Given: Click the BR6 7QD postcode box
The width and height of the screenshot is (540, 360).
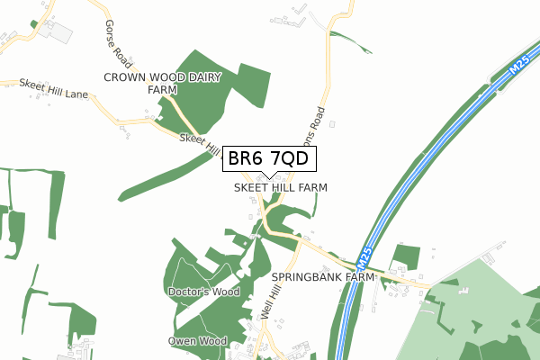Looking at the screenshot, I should pos(267,158).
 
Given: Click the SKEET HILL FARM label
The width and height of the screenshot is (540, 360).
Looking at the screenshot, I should pos(280,188).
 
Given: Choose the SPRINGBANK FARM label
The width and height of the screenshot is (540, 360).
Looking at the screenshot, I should pos(322,278).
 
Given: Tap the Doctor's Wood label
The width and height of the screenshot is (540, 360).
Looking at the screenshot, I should pos(203,292).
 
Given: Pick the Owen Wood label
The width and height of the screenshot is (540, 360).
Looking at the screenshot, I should pos(197,342).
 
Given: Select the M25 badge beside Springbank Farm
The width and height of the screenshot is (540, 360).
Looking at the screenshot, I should pos(364,262).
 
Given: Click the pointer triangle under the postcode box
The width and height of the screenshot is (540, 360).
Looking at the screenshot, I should pos(267,175).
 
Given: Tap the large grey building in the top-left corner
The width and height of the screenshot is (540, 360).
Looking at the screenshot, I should pos(56,31).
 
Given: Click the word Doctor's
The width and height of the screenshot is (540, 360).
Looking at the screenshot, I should pos(188,292).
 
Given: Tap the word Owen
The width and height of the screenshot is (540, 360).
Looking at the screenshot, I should pos(182,342).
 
